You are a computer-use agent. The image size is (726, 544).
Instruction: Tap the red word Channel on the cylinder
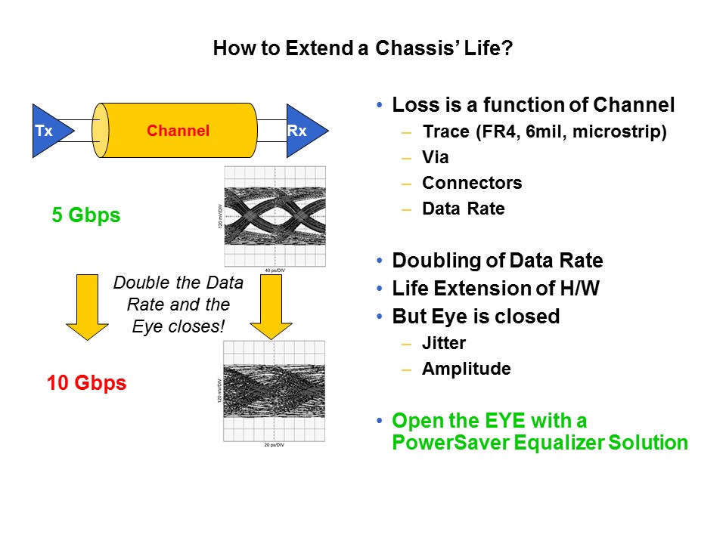click(x=178, y=131)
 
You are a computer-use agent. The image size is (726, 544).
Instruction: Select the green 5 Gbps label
click(x=85, y=215)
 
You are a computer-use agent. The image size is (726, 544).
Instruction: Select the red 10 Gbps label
click(x=86, y=383)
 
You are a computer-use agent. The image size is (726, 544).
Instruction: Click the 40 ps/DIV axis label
click(x=275, y=270)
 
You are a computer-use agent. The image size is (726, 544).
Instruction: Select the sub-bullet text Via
click(x=435, y=158)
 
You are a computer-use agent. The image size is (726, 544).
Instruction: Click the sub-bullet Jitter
click(x=443, y=343)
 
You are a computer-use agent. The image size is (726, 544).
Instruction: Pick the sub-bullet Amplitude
click(x=466, y=369)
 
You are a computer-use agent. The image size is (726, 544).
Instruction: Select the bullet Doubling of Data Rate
click(x=497, y=261)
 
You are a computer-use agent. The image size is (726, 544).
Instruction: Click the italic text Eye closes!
click(x=178, y=329)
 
